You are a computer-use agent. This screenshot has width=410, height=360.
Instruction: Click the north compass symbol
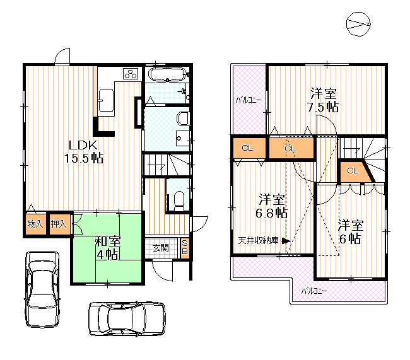pos(360,23)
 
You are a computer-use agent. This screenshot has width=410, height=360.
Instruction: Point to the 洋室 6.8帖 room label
pos(272,206)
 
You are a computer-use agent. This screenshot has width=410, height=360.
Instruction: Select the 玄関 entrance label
pos(160,248)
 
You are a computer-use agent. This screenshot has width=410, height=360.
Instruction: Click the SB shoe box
pos(185,248)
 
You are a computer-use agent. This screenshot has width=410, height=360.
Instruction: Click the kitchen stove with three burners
pos(130,74)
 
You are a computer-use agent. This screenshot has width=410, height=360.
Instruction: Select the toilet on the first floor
pos(177,199)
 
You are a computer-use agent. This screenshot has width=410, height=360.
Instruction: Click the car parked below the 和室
pos(126,318)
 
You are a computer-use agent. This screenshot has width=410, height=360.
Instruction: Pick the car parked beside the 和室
pos(42,287)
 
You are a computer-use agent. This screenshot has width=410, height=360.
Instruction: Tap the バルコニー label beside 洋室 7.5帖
pos(248,100)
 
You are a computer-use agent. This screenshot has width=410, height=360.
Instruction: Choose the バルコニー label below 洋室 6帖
pos(313,291)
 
